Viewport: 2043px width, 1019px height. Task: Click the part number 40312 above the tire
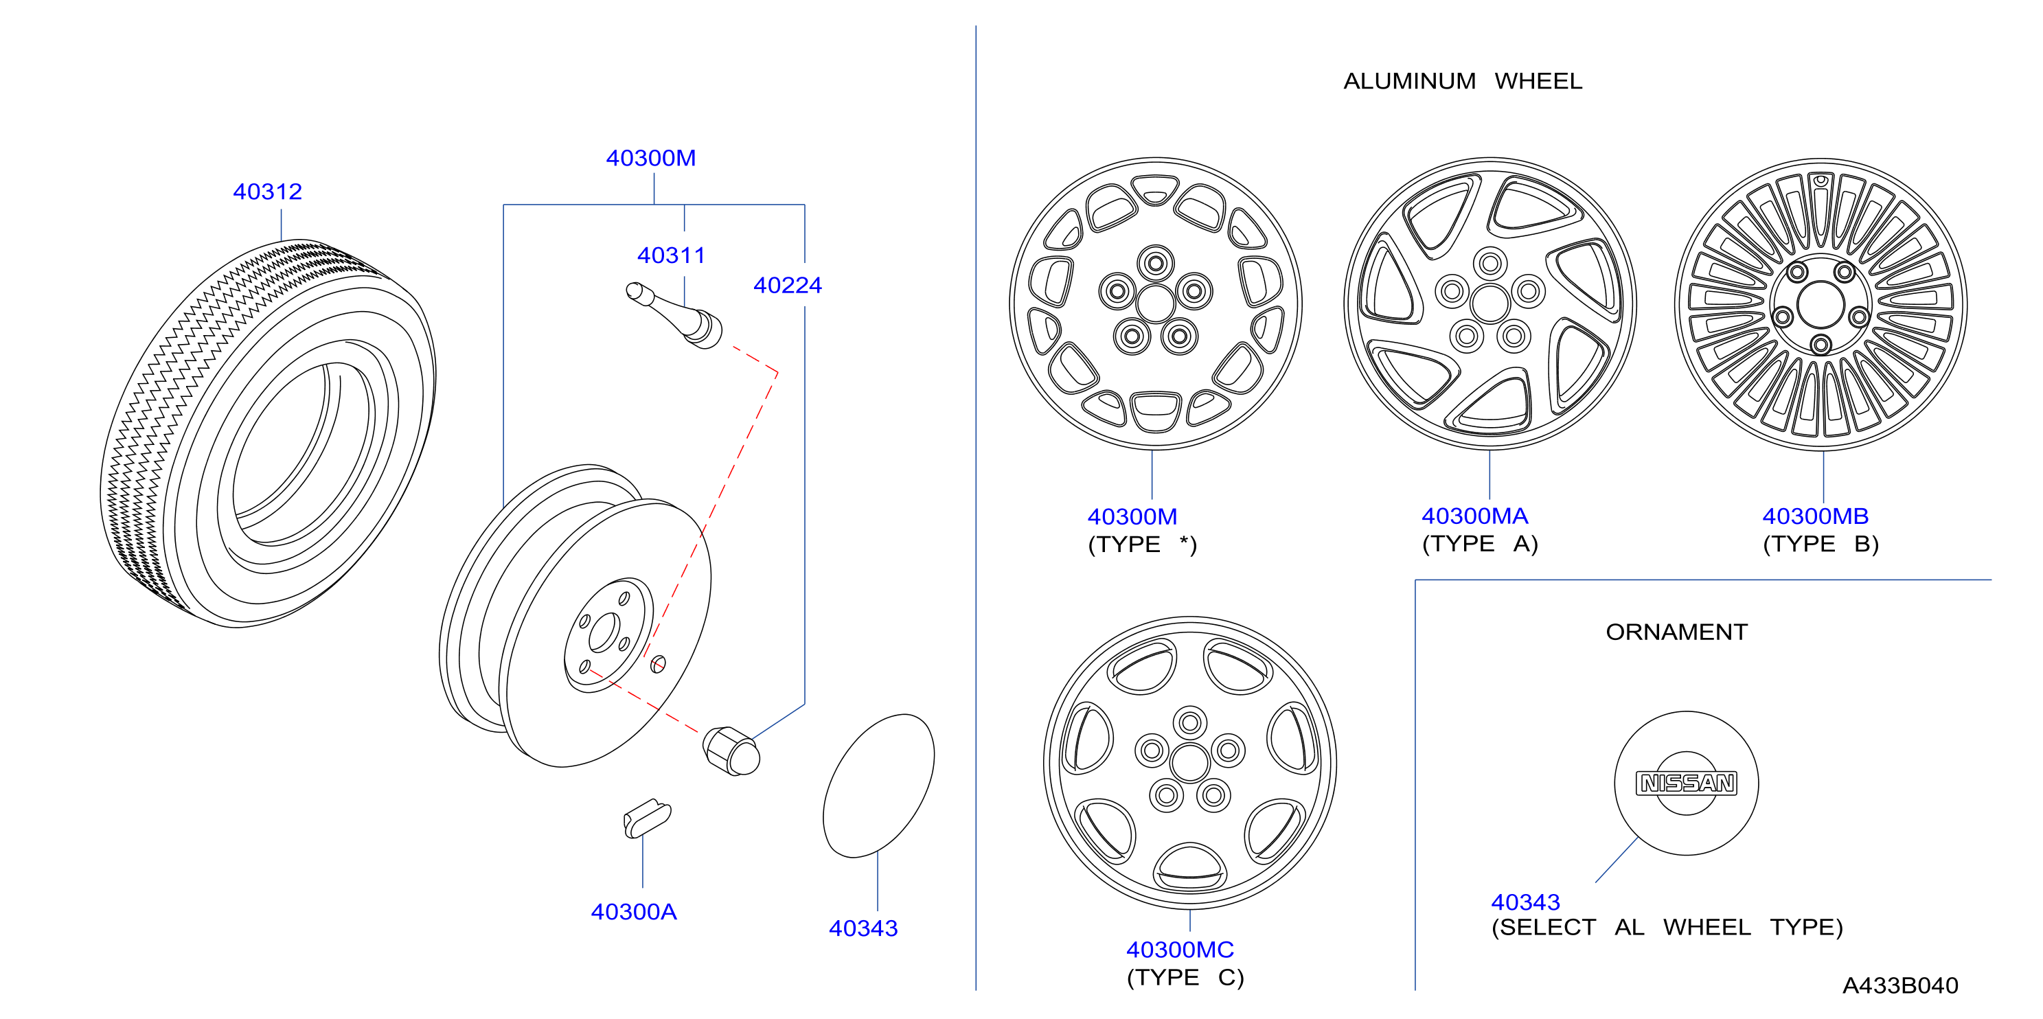pos(267,192)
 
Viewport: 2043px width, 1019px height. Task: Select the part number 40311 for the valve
pos(671,255)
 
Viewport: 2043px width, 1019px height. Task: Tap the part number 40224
pos(788,286)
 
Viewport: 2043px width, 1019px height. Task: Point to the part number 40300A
pos(634,912)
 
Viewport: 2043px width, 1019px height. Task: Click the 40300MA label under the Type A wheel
pos(1474,516)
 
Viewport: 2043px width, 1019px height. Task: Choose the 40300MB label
pos(1816,516)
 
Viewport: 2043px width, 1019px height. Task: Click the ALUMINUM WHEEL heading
pos(1463,81)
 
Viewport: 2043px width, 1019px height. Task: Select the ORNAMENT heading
pos(1676,632)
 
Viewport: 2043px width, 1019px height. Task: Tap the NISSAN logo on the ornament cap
pos(1687,783)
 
